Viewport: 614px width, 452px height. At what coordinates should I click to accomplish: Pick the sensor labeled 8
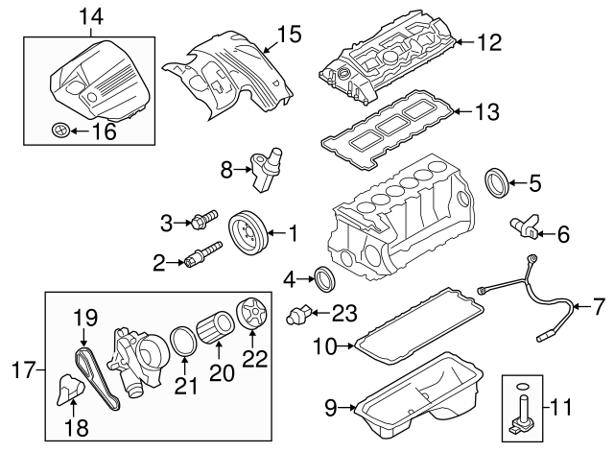click(266, 165)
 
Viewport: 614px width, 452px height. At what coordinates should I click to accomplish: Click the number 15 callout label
click(289, 35)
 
